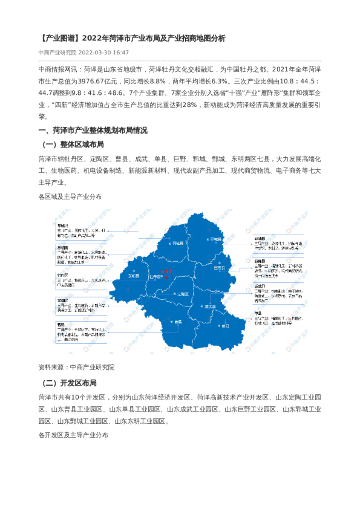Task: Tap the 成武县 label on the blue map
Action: [x=211, y=306]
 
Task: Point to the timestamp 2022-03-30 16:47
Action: [x=103, y=53]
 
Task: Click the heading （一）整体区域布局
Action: [x=73, y=145]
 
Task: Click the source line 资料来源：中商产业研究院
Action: [x=76, y=367]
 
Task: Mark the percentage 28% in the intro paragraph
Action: [x=189, y=105]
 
